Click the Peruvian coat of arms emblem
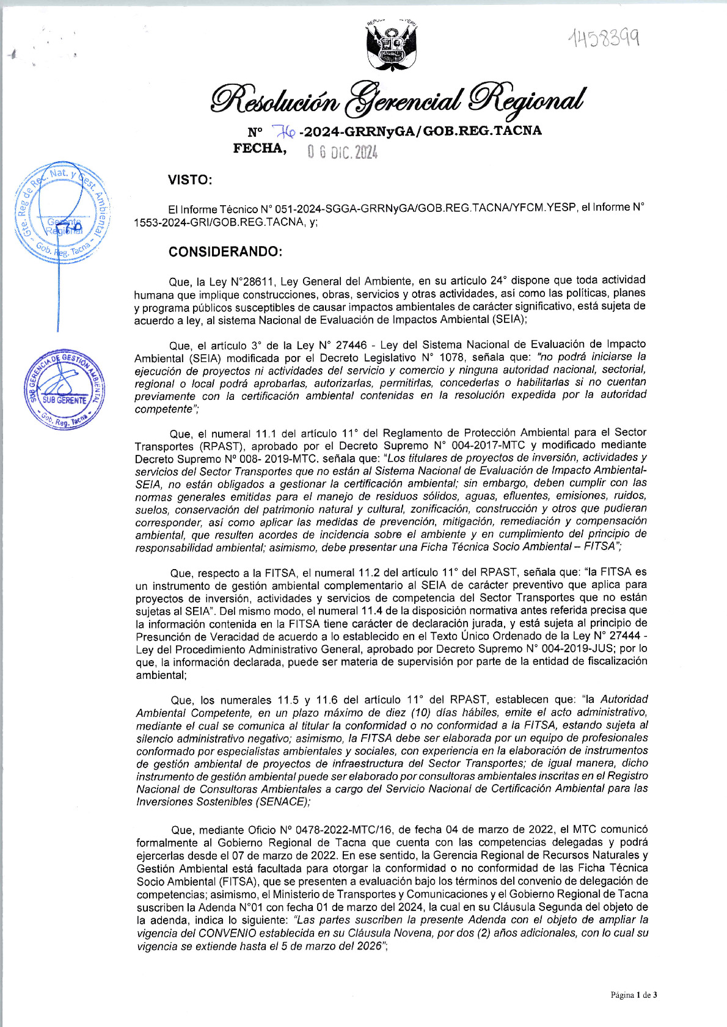[x=392, y=46]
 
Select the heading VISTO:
[x=190, y=180]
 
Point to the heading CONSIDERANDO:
[x=225, y=252]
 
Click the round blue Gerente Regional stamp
[x=62, y=212]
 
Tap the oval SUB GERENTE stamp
[x=64, y=390]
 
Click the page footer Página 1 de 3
[x=634, y=995]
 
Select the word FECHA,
[x=260, y=148]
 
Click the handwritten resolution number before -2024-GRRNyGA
[x=283, y=131]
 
